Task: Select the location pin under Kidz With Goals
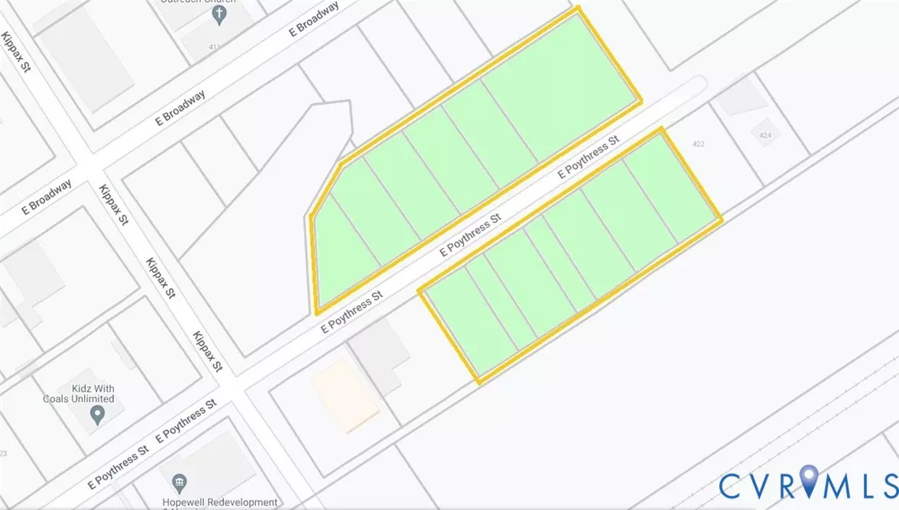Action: pyautogui.click(x=97, y=415)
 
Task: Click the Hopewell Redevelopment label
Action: pyautogui.click(x=222, y=502)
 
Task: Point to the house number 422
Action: pyautogui.click(x=697, y=144)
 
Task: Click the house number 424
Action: pyautogui.click(x=764, y=135)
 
